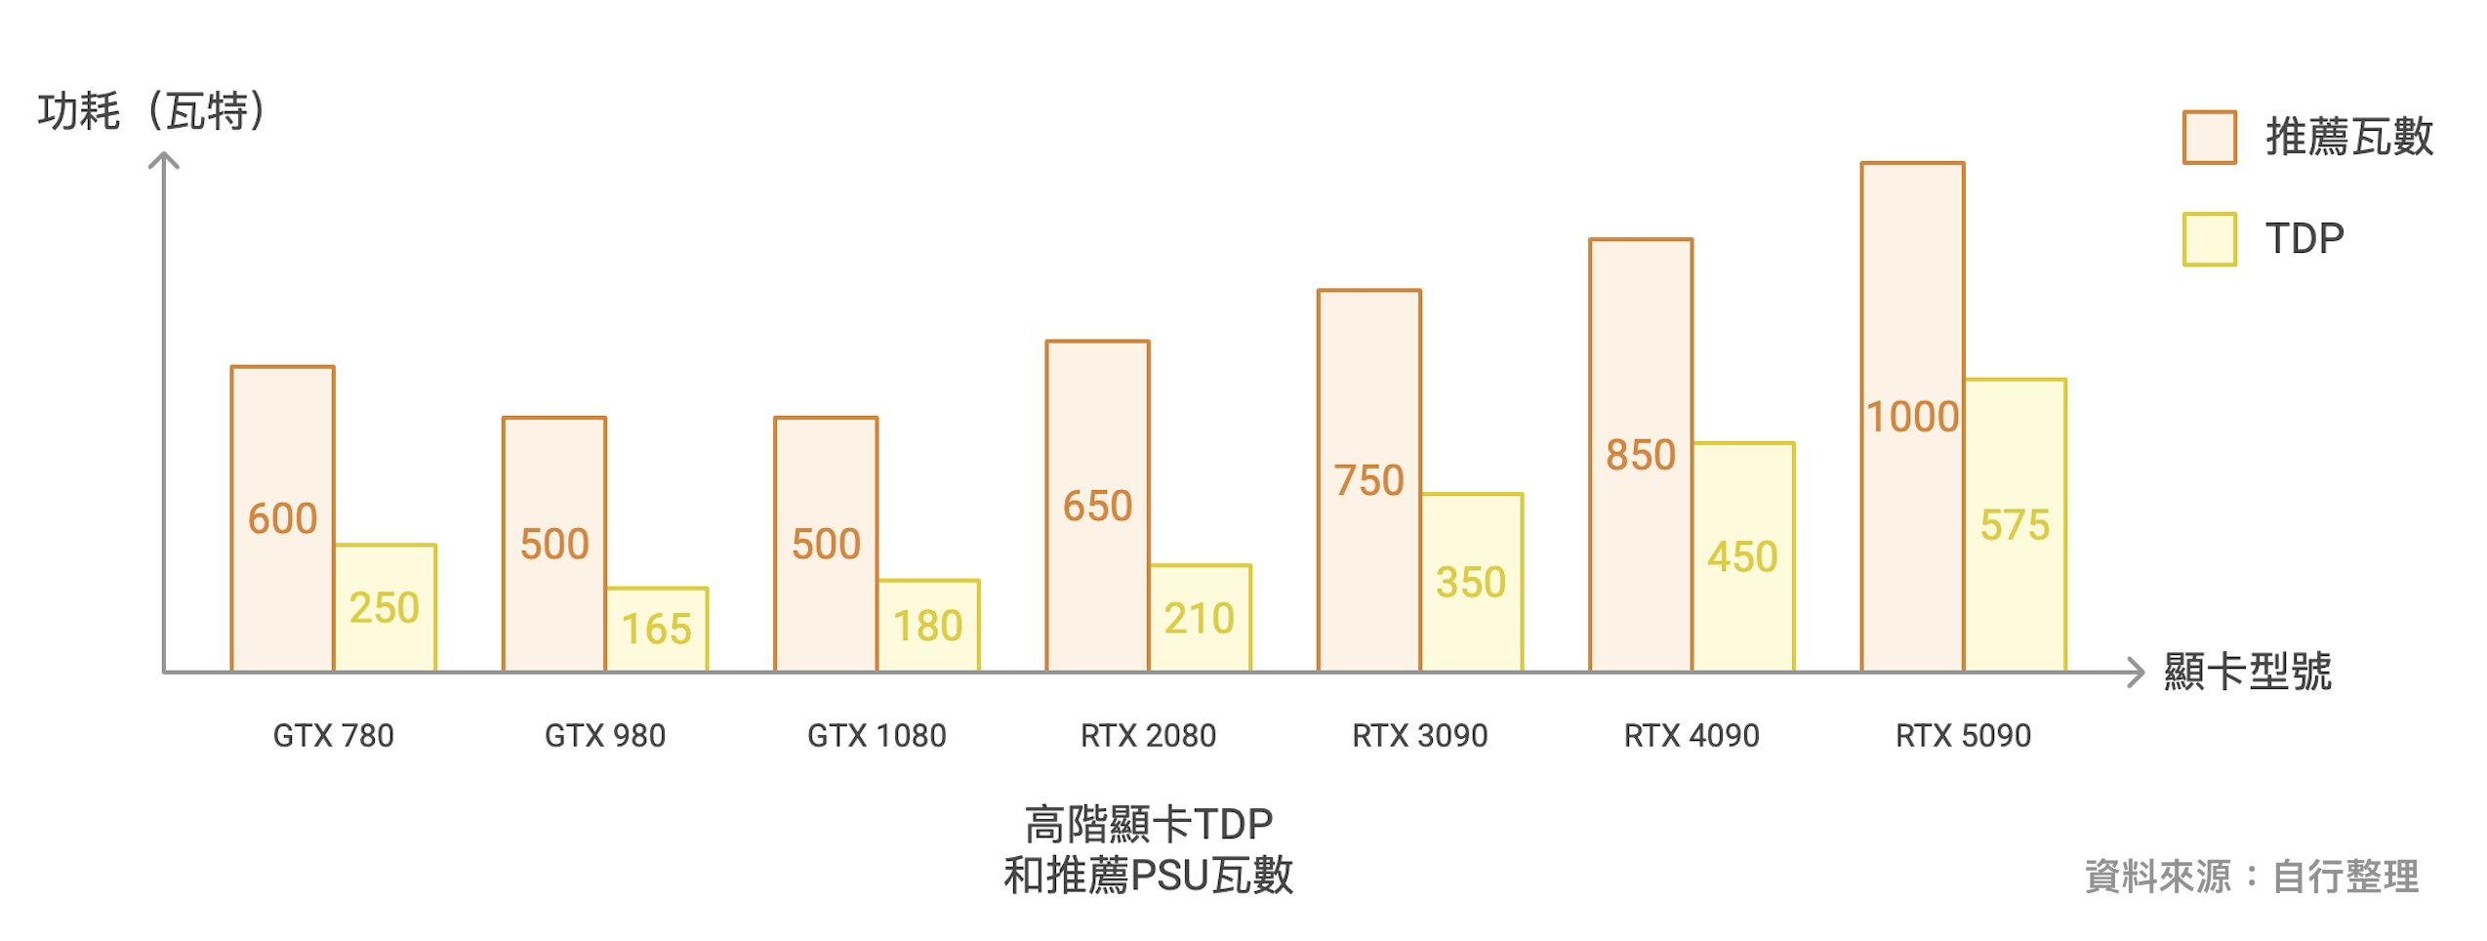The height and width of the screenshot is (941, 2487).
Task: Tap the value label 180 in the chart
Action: (x=927, y=626)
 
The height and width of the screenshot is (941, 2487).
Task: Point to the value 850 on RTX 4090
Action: (x=1640, y=455)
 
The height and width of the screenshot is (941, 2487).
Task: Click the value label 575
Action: (x=2015, y=525)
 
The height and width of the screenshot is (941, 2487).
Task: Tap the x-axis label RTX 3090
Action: (x=1419, y=735)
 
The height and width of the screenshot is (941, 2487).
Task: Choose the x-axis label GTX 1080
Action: (x=877, y=735)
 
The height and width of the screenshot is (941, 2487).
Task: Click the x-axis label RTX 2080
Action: (x=1148, y=735)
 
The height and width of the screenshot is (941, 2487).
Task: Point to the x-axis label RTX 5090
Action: (x=1963, y=735)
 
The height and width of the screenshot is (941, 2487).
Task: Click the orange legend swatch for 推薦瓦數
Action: (x=2209, y=138)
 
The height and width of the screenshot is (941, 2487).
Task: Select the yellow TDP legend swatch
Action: (x=2209, y=239)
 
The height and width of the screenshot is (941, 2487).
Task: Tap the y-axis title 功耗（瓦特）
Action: (x=152, y=110)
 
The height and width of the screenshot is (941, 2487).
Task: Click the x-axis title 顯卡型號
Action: (x=2247, y=672)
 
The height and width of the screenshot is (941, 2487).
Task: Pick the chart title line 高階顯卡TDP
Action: (x=1148, y=825)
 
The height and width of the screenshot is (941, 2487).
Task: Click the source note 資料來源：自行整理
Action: (x=2251, y=876)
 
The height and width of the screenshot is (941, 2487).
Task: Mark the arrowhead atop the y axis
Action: (x=164, y=159)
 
